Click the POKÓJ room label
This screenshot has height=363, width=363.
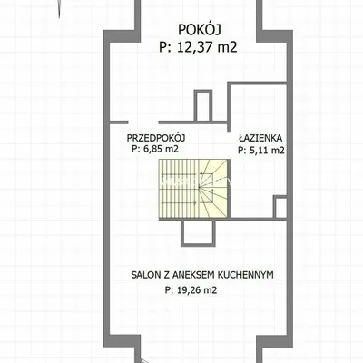[200, 30]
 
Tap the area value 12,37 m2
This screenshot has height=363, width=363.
[207, 47]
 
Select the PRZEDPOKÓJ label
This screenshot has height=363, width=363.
[156, 138]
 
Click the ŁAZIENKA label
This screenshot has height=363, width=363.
[260, 138]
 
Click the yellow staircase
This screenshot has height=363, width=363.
[193, 188]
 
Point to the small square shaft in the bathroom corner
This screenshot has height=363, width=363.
[280, 207]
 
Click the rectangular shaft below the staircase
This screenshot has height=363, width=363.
[198, 233]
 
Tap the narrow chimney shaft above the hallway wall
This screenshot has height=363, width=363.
[203, 106]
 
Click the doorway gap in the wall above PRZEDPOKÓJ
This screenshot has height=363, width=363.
[143, 123]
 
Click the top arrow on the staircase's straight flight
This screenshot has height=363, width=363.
[179, 174]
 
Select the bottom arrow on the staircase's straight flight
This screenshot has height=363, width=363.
[179, 202]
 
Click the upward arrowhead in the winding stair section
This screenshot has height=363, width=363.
[213, 191]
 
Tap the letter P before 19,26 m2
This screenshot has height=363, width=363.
[167, 290]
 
